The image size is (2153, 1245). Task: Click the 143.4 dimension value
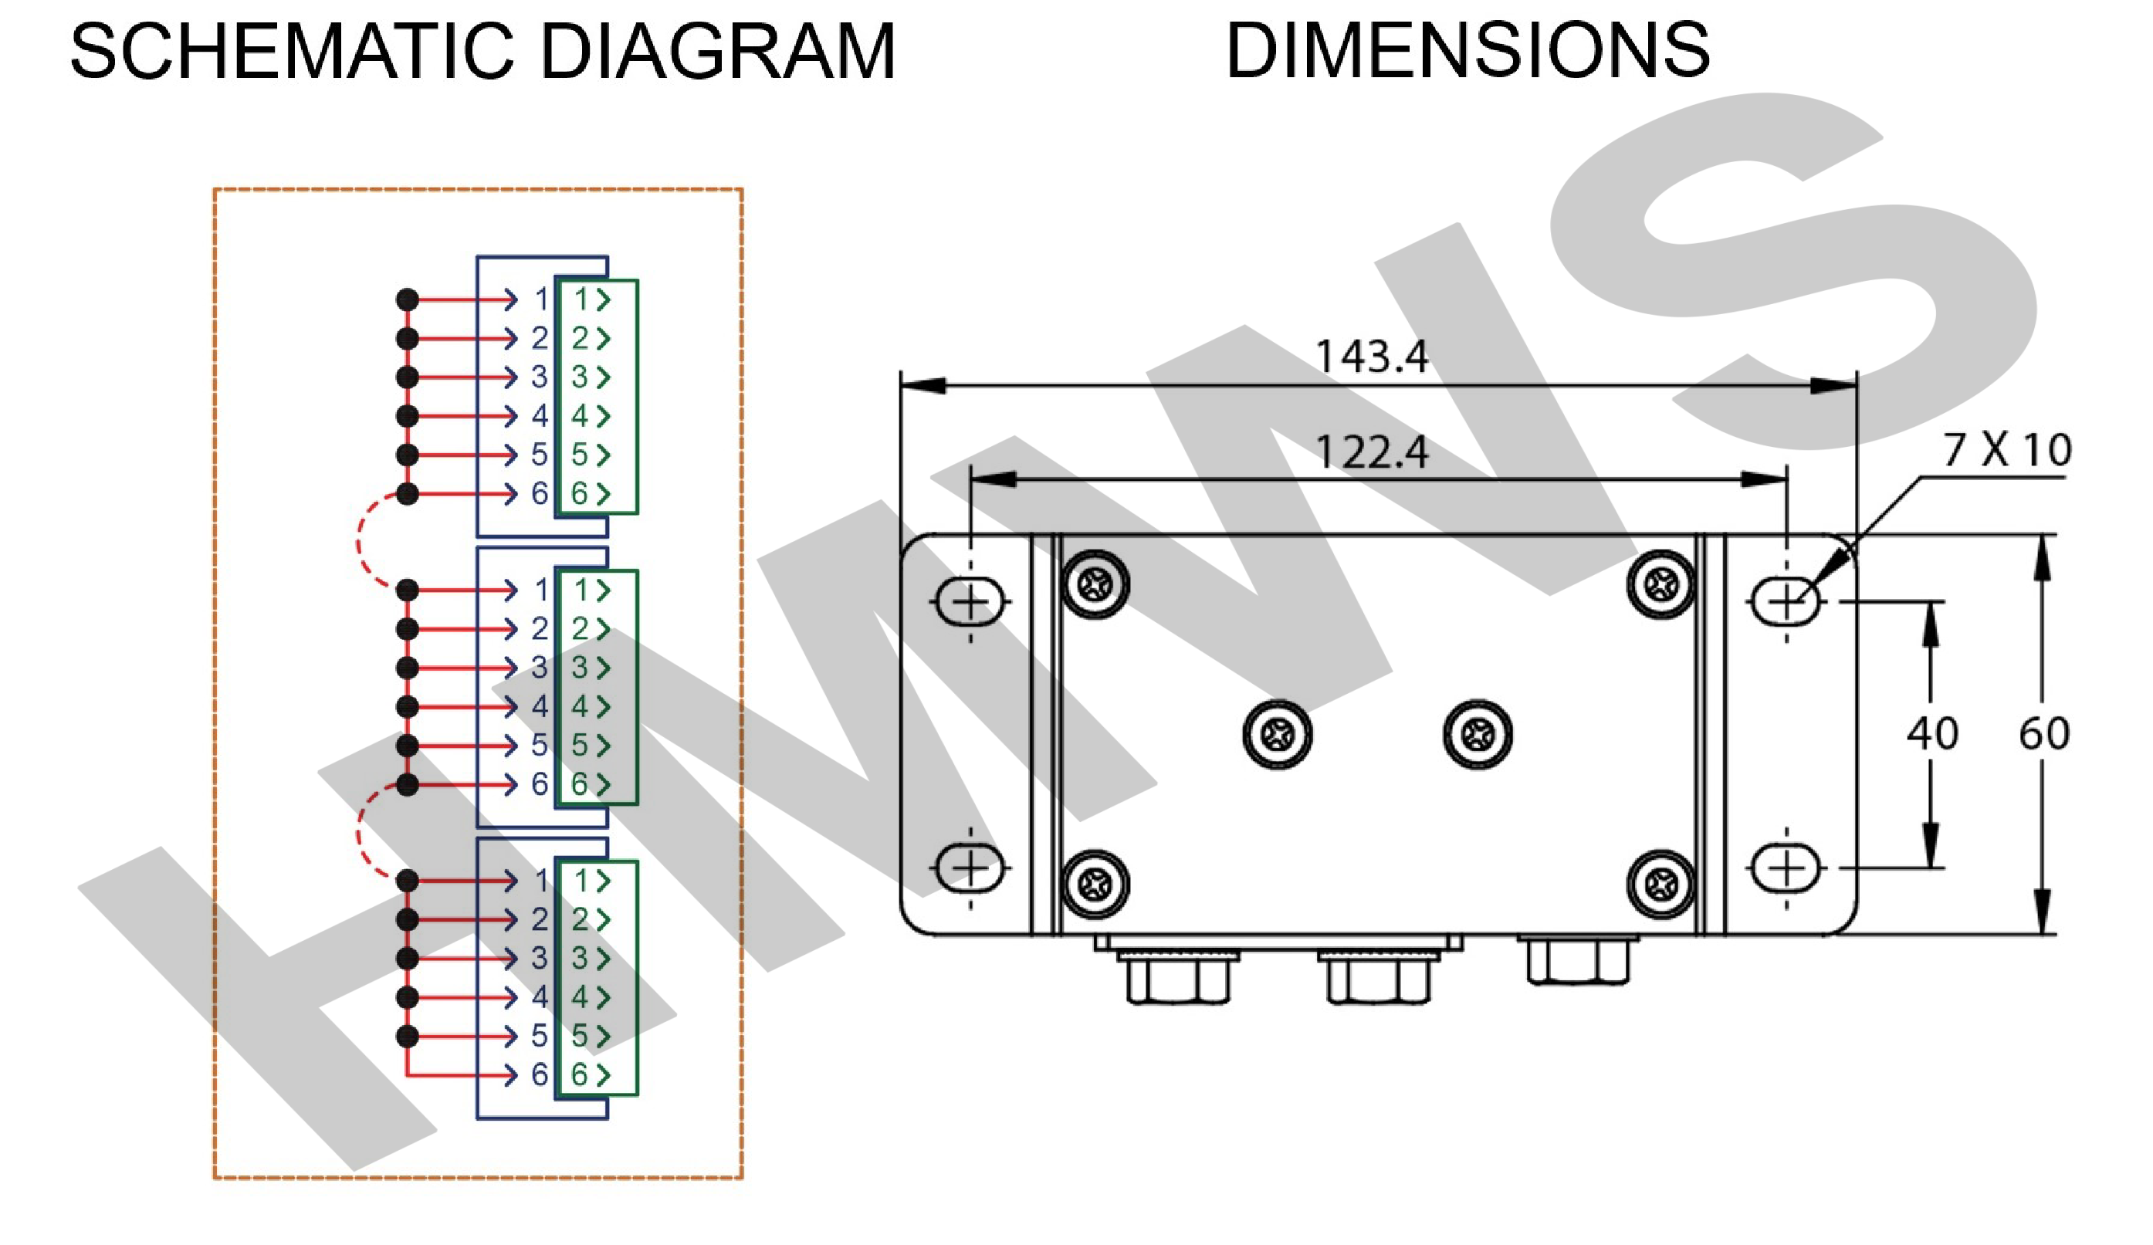[1370, 357]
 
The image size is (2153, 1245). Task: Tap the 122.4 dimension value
[1370, 452]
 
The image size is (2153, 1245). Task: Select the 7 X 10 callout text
[2006, 449]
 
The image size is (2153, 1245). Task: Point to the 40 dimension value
[1932, 733]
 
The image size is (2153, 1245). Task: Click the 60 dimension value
[2043, 733]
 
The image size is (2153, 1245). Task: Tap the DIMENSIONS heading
[1467, 51]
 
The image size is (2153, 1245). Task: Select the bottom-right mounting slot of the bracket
[1786, 869]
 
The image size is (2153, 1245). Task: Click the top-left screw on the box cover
[1095, 584]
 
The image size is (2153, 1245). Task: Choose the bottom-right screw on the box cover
[1661, 885]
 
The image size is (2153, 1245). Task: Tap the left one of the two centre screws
[1278, 734]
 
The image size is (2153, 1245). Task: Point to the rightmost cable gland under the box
[1577, 960]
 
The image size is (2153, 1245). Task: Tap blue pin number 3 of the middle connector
[539, 668]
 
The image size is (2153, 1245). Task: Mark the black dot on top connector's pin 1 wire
[408, 300]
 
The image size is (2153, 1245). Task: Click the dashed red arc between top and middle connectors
[361, 541]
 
